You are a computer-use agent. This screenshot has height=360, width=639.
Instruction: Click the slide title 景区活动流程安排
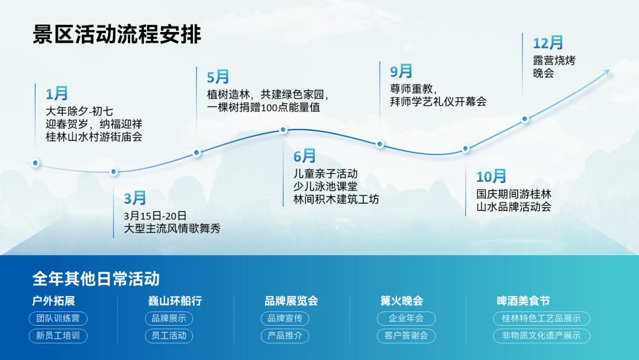click(117, 34)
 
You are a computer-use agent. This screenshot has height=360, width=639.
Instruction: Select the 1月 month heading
click(57, 94)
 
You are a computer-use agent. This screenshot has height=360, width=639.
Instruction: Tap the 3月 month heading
click(135, 198)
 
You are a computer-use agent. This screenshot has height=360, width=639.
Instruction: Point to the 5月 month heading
click(218, 77)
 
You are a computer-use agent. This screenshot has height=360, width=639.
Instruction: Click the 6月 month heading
click(305, 156)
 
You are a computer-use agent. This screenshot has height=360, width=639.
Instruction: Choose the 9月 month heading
click(401, 72)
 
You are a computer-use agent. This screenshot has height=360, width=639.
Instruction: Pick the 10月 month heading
click(491, 176)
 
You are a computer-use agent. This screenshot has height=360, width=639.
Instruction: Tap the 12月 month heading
click(548, 43)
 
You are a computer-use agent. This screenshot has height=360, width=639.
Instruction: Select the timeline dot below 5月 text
click(197, 152)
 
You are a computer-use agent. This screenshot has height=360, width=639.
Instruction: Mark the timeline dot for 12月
click(525, 118)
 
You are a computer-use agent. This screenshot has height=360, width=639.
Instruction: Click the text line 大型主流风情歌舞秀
click(172, 229)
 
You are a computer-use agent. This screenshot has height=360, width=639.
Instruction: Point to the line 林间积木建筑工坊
click(336, 200)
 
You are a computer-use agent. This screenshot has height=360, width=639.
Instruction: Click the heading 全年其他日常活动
click(96, 278)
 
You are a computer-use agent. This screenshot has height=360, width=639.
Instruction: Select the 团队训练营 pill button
click(58, 319)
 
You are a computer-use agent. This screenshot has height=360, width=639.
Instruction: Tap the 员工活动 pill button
click(169, 336)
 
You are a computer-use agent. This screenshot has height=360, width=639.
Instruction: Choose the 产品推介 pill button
click(285, 336)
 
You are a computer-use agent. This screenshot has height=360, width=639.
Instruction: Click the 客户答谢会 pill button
click(406, 336)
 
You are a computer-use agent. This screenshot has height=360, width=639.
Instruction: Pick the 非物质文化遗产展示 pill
click(541, 336)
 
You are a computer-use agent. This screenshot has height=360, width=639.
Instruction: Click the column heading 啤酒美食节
click(523, 301)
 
